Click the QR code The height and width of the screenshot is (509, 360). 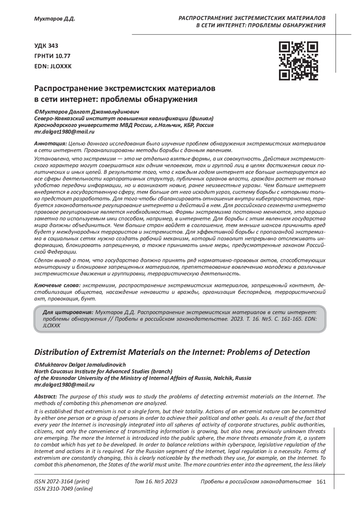298,61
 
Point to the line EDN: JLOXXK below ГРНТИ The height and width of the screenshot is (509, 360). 53,66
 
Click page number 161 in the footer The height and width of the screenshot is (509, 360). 321,482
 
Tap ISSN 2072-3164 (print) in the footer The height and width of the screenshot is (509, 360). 62,482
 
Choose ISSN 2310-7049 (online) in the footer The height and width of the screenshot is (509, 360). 64,489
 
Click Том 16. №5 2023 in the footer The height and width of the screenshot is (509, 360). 156,482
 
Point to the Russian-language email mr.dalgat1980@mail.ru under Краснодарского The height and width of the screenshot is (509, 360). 64,132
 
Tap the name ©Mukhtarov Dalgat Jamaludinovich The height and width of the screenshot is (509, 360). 80,365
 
